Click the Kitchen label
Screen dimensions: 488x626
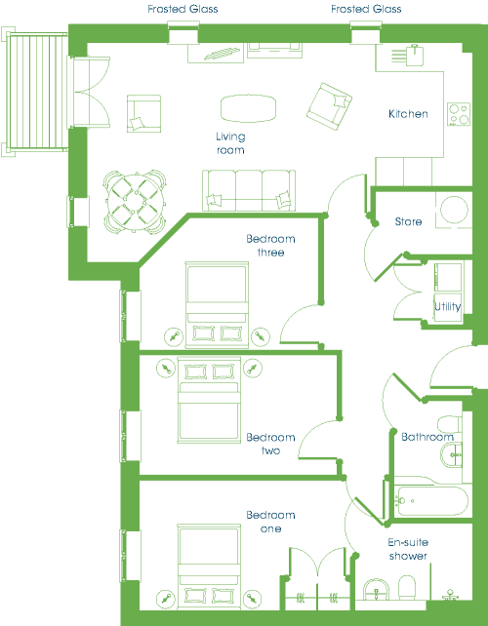[408, 114]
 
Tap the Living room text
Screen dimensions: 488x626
[230, 143]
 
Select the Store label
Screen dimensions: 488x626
[408, 221]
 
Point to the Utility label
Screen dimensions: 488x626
[448, 306]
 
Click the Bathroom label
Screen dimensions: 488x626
[427, 437]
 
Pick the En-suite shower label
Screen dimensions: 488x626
[408, 549]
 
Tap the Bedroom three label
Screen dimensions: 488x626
[270, 246]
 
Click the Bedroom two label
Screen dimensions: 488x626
[270, 444]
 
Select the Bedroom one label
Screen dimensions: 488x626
[270, 522]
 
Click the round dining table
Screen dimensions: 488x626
[136, 202]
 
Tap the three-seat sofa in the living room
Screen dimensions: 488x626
[249, 190]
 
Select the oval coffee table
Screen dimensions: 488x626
[248, 108]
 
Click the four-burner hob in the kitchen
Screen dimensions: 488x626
[459, 114]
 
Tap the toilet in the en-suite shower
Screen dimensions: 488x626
[408, 587]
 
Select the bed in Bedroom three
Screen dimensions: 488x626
[217, 304]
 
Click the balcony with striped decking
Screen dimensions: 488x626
[35, 92]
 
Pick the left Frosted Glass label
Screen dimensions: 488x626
[183, 9]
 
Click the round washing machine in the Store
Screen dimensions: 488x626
[454, 210]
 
